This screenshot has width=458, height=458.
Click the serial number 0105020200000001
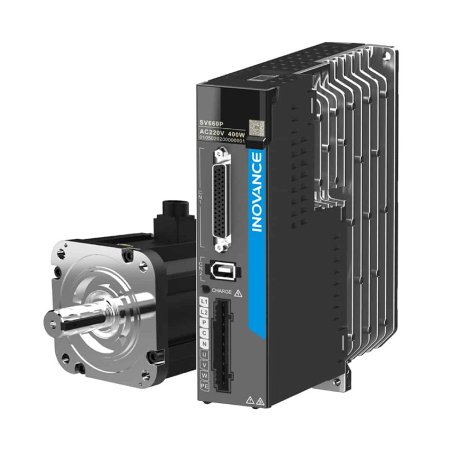222,139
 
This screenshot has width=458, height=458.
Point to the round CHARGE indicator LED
205,291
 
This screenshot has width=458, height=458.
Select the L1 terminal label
204,302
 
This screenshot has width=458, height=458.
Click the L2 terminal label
204,312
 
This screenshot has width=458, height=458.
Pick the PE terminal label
204,386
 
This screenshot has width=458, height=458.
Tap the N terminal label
204,343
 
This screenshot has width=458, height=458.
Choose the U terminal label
204,354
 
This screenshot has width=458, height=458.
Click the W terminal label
204,376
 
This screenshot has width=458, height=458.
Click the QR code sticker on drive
254,127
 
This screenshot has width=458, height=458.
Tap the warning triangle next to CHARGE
238,292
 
